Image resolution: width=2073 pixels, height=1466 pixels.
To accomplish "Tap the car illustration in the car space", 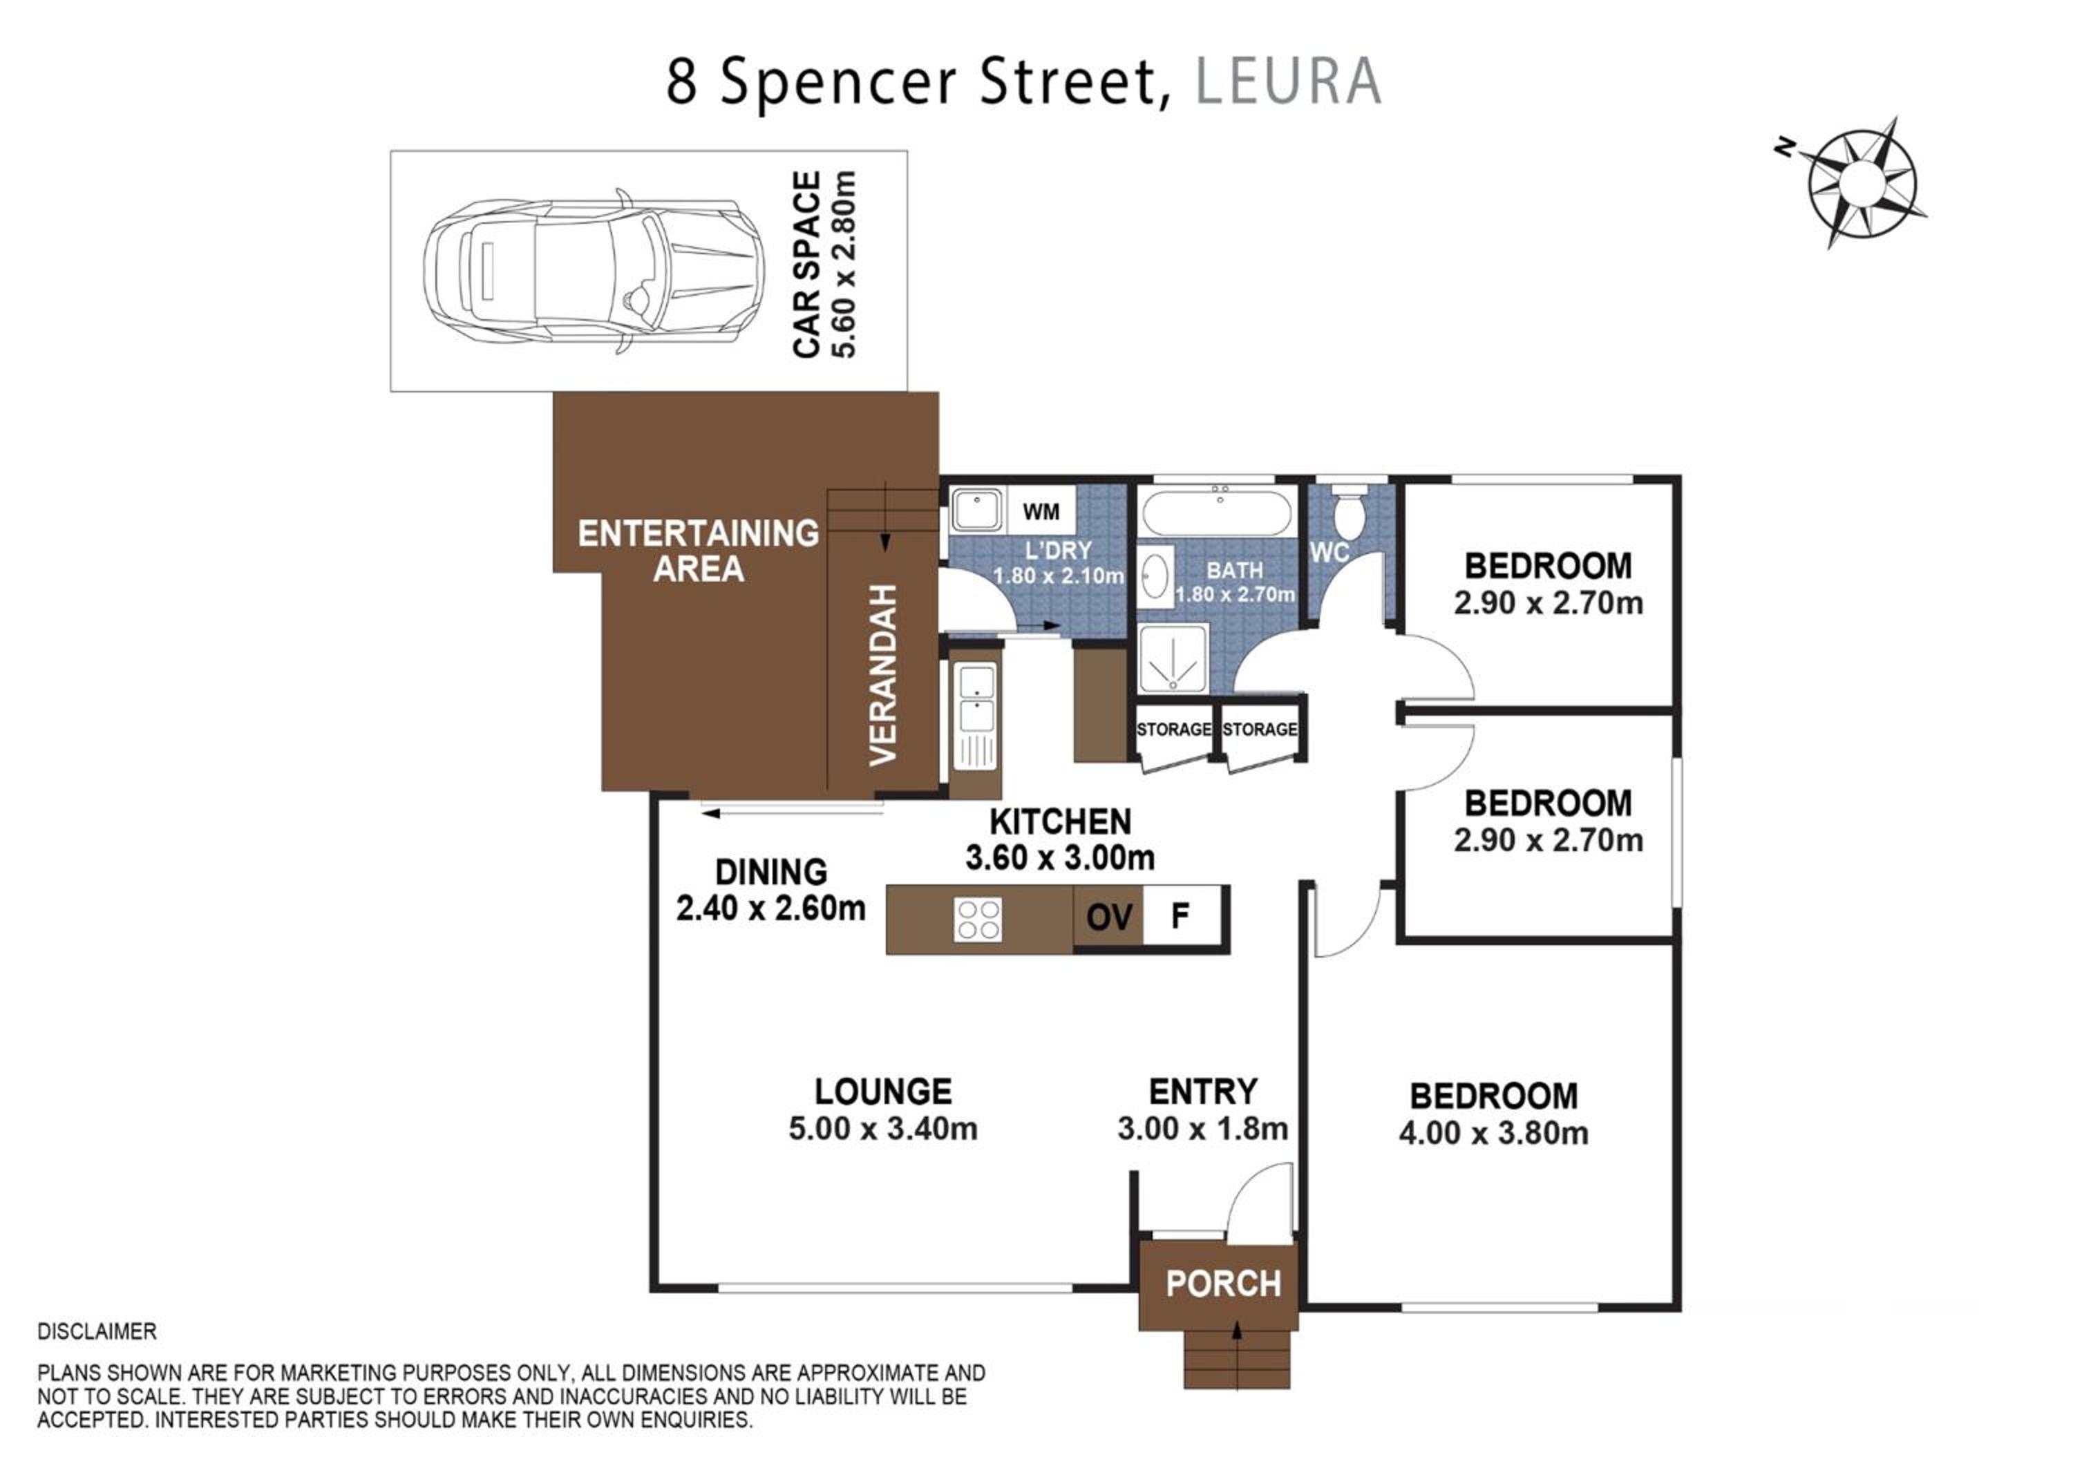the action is pos(594,272).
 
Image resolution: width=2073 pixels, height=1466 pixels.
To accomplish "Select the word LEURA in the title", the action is pos(1289,82).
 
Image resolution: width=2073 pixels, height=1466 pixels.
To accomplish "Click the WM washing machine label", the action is pos(1041,512).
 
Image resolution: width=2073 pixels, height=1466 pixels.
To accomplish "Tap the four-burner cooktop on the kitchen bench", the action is pos(978,920).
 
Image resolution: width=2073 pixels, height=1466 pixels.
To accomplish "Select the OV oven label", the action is pos(1109,917).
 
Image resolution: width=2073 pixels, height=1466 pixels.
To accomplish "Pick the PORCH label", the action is pos(1223,1284).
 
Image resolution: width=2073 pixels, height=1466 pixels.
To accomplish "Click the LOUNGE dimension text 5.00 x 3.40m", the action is pos(883,1128).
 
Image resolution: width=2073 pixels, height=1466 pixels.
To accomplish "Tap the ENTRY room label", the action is pos(1202,1092).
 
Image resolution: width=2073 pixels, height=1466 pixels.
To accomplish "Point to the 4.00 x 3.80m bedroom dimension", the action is pos(1493,1133).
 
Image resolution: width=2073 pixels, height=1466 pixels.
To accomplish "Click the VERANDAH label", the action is pos(882,675).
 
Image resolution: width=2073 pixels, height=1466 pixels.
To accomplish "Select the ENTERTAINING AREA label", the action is pos(698,551).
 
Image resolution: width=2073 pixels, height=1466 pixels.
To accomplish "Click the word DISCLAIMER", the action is pos(97,1331).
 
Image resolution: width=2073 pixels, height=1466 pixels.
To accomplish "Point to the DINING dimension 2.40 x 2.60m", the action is pos(771,908).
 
